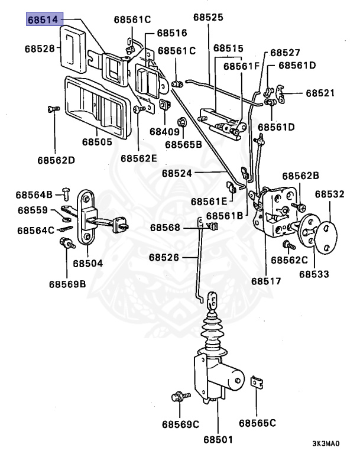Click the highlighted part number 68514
click(x=43, y=20)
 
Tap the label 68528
click(x=40, y=48)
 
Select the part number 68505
click(x=97, y=142)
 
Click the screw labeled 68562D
click(x=53, y=109)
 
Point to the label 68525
click(x=208, y=17)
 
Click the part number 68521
click(x=320, y=93)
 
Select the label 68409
click(x=164, y=132)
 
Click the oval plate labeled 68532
click(x=326, y=238)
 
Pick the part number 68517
click(x=266, y=281)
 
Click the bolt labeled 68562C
click(x=288, y=245)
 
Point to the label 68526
click(x=164, y=257)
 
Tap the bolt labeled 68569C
click(x=181, y=396)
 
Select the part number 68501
click(x=218, y=440)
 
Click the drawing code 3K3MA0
click(x=326, y=443)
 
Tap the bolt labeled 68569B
click(x=67, y=243)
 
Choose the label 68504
click(x=87, y=264)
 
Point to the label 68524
click(x=177, y=173)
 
